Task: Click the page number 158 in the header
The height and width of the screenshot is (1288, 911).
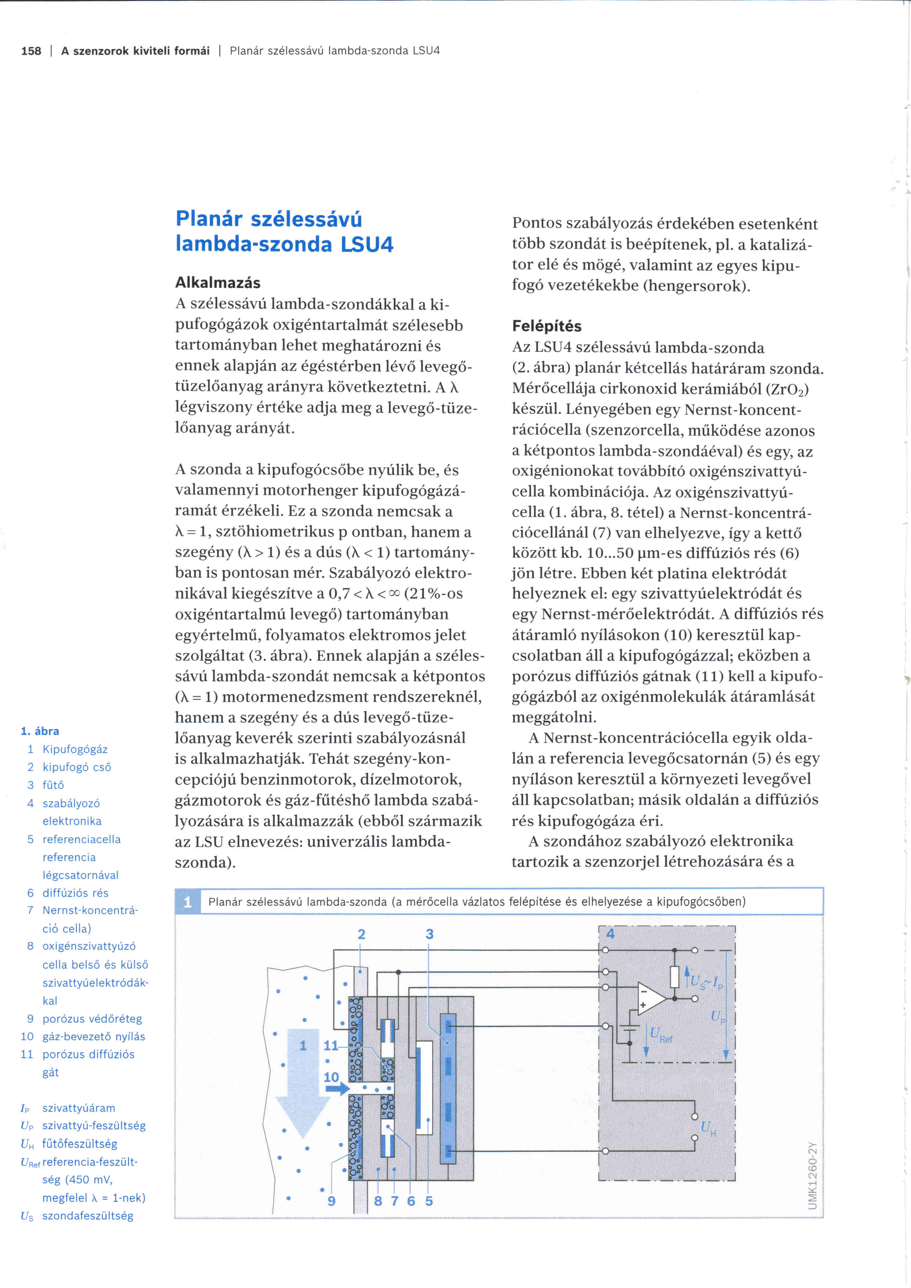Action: [x=31, y=51]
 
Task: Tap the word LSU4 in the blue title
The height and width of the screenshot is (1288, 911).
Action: [x=367, y=244]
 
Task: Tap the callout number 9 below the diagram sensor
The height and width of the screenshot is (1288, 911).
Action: [x=332, y=1201]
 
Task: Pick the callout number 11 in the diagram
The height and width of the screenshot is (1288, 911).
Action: [x=331, y=1046]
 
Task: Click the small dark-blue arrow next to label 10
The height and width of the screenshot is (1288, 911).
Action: [x=337, y=1089]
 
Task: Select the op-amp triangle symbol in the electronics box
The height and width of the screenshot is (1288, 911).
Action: [x=651, y=999]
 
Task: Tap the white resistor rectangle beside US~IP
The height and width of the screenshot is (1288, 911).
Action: [x=675, y=977]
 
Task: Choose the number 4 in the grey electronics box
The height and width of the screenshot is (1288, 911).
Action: [x=610, y=934]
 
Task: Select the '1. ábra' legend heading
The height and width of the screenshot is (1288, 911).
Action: [x=40, y=731]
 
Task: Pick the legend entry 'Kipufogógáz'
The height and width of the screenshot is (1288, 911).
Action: [x=75, y=750]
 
